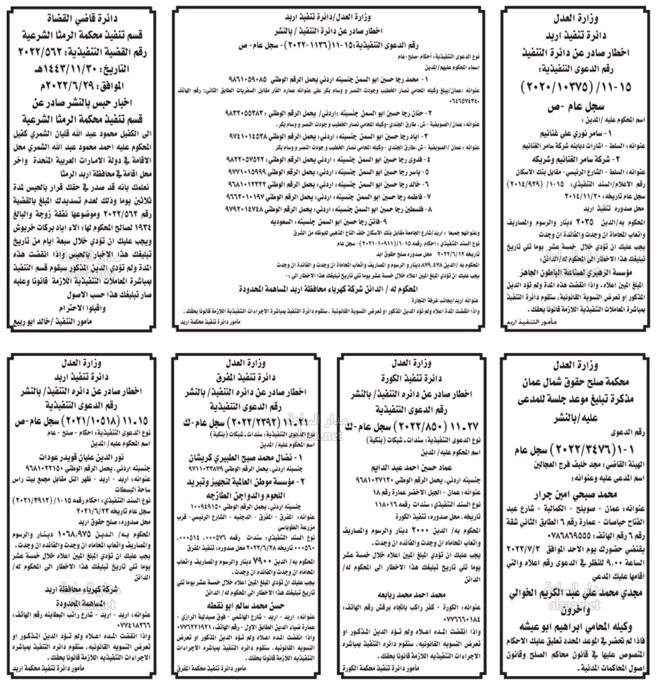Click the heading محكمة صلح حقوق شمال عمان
(576, 383)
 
